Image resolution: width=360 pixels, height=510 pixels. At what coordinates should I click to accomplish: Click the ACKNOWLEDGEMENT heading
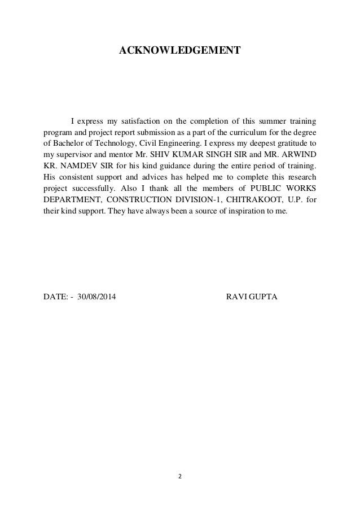(179, 51)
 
